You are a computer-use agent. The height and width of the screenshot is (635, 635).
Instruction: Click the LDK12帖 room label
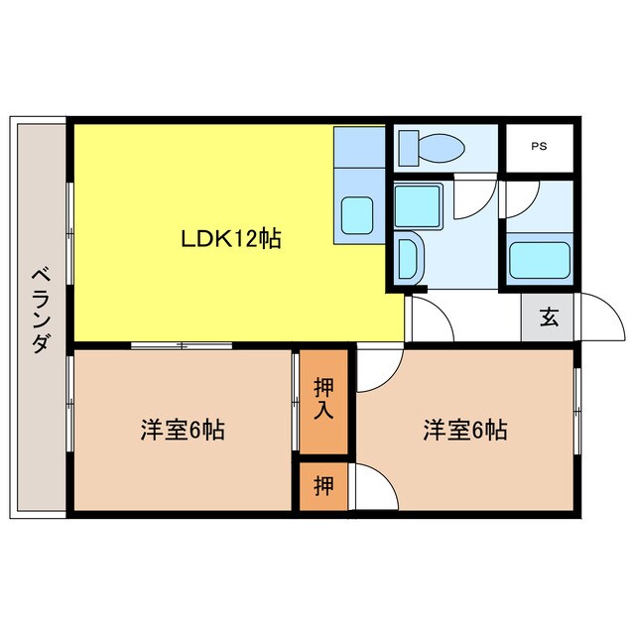(230, 238)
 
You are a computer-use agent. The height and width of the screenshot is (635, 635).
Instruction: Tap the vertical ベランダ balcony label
(41, 311)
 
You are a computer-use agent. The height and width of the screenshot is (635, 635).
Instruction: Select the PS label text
(539, 147)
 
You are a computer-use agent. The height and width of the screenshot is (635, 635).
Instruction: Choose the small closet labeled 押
(323, 487)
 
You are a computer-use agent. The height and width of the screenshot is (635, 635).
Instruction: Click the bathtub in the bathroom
(540, 260)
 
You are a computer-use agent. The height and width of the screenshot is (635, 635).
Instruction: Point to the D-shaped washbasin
(407, 258)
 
